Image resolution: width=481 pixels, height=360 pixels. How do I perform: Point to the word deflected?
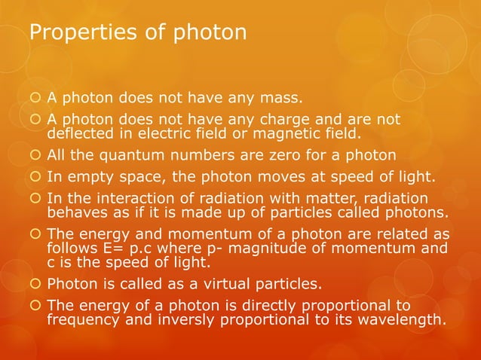[81, 135]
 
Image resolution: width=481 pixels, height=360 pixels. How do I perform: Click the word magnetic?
[276, 135]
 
